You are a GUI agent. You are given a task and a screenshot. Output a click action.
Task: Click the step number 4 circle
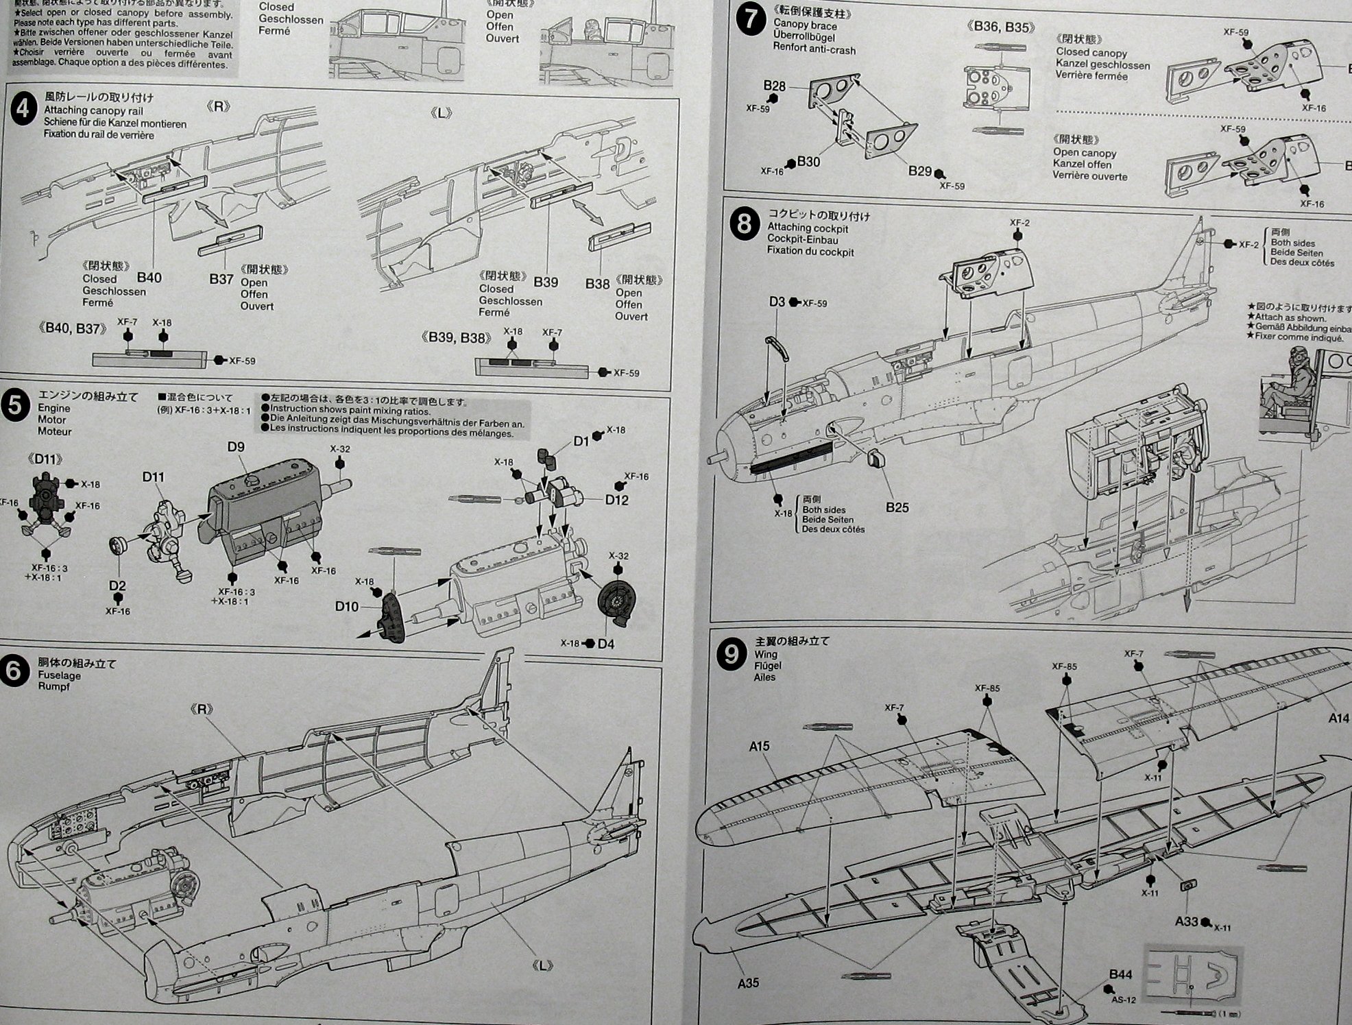point(24,110)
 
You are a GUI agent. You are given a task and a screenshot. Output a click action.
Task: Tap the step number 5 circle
point(16,406)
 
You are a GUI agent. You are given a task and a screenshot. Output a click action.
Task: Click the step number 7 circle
point(750,19)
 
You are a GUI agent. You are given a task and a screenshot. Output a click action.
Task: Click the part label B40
point(149,278)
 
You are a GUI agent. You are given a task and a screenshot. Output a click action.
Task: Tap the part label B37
point(221,279)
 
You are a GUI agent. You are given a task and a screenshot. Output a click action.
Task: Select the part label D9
point(236,447)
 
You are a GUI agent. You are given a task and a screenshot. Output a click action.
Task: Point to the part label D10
point(347,606)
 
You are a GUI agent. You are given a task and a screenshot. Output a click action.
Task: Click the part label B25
point(897,507)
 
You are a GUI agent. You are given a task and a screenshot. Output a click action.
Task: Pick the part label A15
point(759,747)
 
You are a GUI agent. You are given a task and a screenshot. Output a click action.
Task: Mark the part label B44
point(1121,974)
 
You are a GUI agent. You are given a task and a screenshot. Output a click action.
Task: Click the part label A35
point(748,983)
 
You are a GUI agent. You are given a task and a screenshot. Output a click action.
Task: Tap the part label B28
point(775,86)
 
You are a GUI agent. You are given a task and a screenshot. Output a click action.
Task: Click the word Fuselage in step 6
point(59,675)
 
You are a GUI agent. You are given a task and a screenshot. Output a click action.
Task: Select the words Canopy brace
point(805,25)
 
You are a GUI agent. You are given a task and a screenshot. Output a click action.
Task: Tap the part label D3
point(777,302)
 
